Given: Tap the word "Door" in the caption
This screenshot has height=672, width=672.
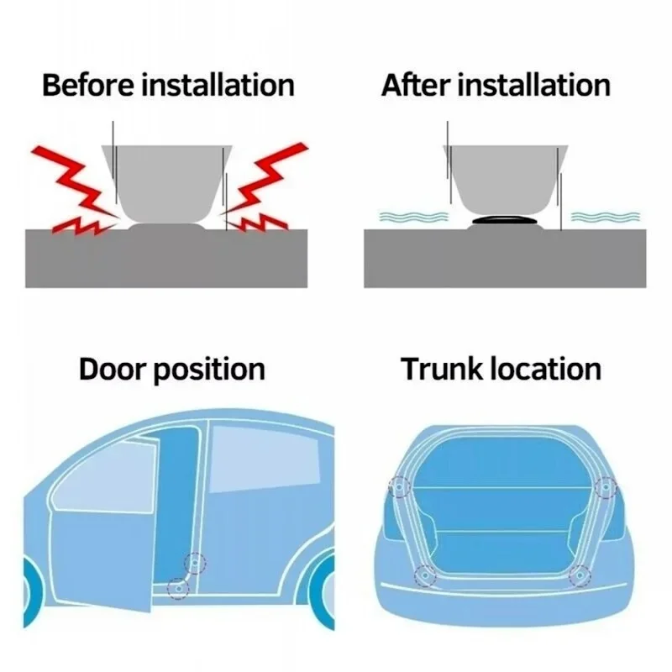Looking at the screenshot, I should click(113, 370).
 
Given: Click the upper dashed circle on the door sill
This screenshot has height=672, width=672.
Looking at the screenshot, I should click(195, 562).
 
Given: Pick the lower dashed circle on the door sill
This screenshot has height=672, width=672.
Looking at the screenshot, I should click(177, 587).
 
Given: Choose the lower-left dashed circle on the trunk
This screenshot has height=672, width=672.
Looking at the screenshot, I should click(425, 575).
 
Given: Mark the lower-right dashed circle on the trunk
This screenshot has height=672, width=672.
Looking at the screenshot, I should click(579, 575).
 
